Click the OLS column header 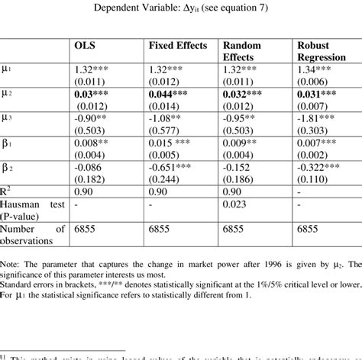tap(85, 47)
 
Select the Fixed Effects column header tap(177, 47)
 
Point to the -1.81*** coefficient tap(315, 118)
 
